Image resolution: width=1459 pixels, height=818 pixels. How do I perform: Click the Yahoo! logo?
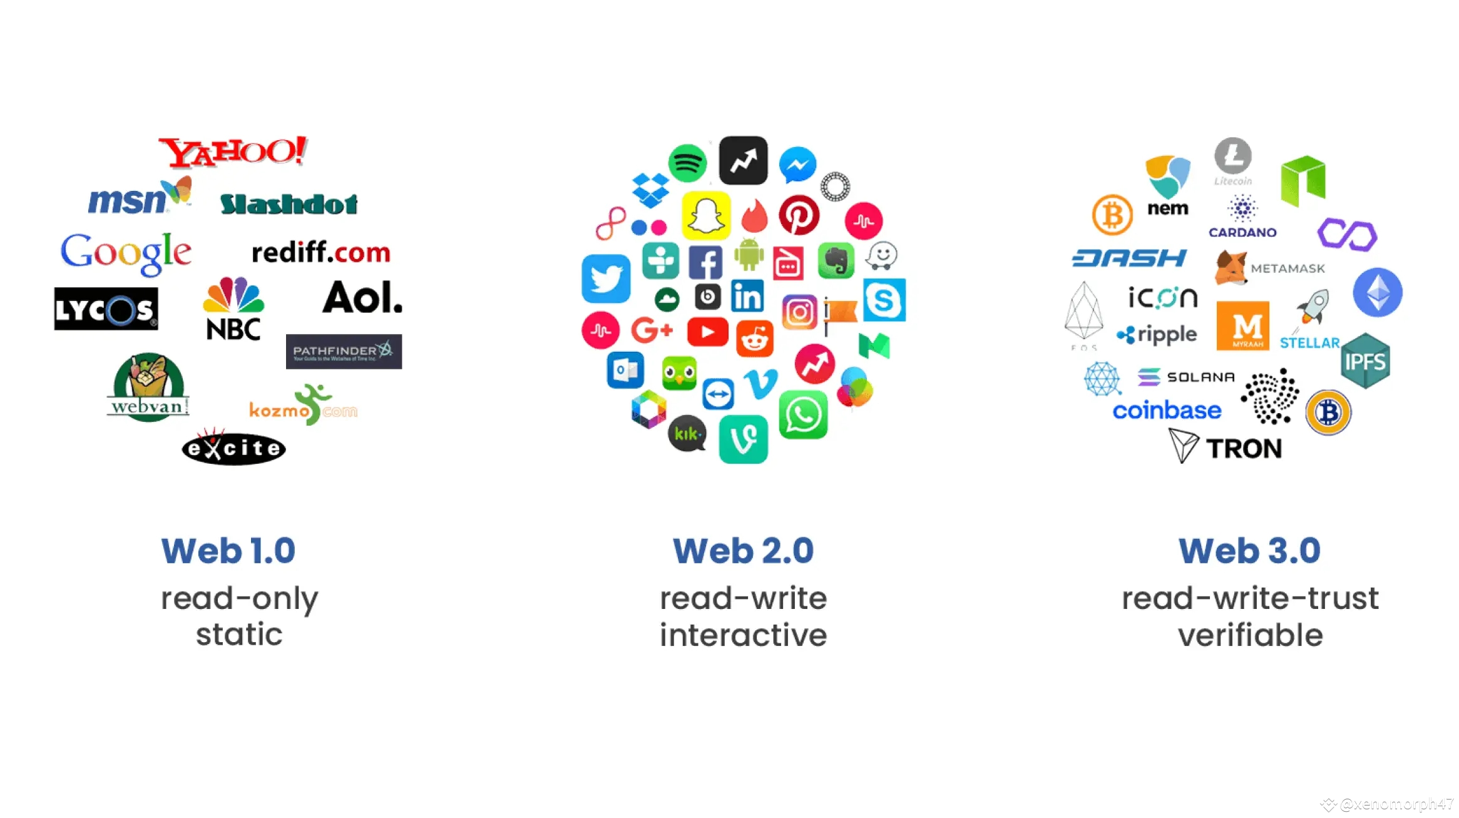[x=233, y=152]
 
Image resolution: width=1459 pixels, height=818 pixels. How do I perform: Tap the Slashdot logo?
[x=289, y=203]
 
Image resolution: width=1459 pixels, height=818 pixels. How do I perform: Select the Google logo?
[x=126, y=253]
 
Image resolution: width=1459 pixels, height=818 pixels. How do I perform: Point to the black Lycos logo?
[x=106, y=309]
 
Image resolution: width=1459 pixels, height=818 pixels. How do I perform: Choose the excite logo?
[x=233, y=448]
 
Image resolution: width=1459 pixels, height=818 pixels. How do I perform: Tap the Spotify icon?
[x=687, y=163]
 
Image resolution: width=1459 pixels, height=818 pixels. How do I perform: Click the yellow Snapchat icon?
[x=706, y=216]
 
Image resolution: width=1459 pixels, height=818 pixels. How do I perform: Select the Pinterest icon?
[x=799, y=215]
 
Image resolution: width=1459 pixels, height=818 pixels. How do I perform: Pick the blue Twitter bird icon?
[x=605, y=278]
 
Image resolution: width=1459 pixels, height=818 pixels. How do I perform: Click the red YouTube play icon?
[x=707, y=331]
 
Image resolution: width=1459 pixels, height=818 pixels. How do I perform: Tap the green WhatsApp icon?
[x=803, y=415]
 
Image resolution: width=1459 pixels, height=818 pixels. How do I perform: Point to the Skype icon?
[x=884, y=300]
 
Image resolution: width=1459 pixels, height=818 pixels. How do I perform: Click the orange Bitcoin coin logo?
[x=1112, y=215]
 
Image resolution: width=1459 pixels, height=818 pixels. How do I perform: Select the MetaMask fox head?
[x=1231, y=267]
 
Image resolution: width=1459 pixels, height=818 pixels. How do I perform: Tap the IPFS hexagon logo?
[x=1365, y=361]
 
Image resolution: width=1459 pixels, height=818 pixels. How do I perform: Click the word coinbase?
[x=1167, y=411]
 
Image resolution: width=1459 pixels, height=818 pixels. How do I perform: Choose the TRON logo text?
[x=1244, y=448]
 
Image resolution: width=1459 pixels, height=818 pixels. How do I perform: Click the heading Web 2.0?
[x=743, y=551]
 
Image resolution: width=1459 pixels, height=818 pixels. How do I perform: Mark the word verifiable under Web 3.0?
[x=1250, y=635]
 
